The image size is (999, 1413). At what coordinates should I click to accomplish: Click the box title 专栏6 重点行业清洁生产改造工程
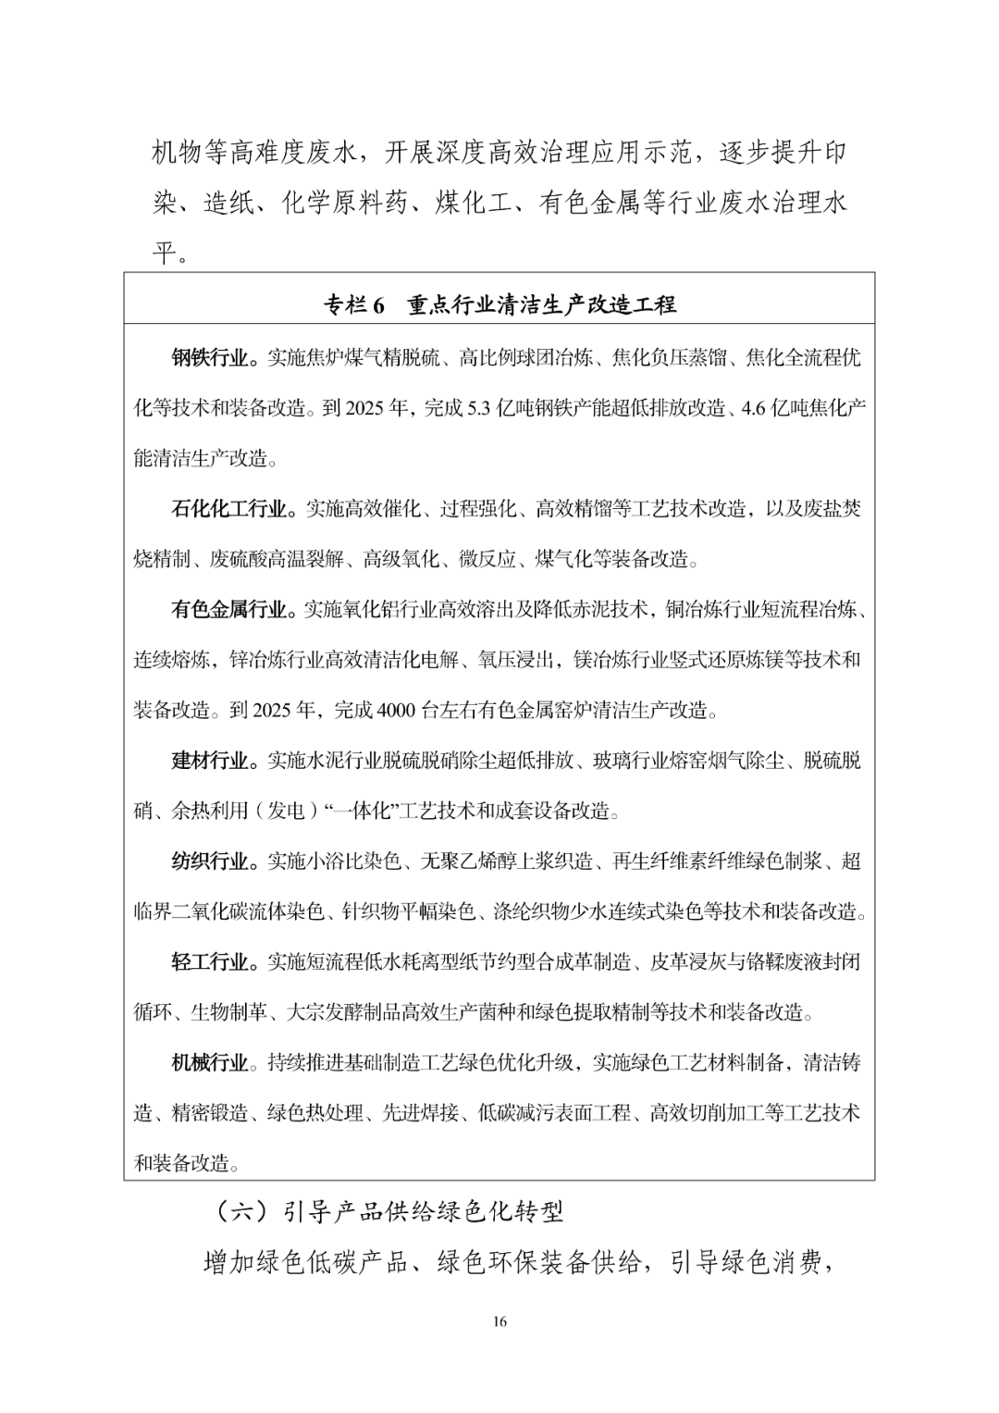coord(499,304)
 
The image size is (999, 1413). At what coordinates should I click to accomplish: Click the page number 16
coord(499,1321)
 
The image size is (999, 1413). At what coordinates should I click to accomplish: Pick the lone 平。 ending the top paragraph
coord(172,253)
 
